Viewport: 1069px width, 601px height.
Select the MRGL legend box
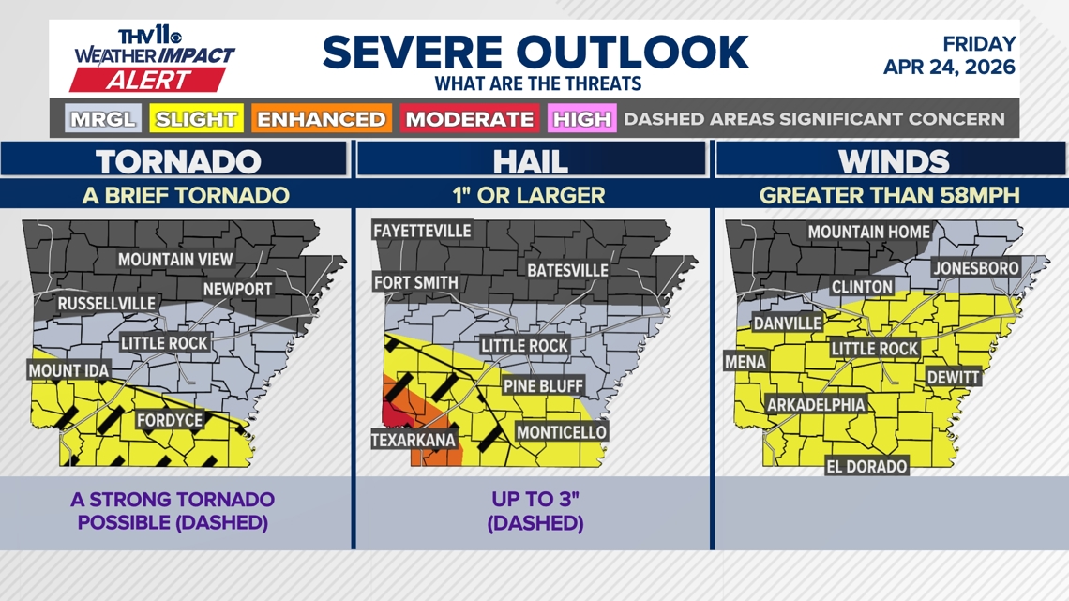point(103,119)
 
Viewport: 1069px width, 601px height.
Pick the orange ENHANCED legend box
point(322,119)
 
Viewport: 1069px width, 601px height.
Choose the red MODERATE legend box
point(469,119)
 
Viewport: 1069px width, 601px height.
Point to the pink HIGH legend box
point(582,119)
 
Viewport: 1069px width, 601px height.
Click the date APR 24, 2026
point(949,68)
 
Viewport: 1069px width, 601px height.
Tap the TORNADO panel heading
point(178,161)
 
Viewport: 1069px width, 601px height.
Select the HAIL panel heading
point(532,161)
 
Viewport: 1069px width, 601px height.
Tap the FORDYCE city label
point(170,420)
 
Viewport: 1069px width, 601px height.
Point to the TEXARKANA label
point(414,440)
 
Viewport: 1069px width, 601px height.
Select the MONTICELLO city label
point(562,432)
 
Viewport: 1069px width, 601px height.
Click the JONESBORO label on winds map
point(975,268)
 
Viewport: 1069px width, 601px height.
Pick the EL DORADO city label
point(866,466)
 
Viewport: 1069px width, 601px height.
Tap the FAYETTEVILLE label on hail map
point(422,231)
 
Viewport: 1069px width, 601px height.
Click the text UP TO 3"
point(535,500)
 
